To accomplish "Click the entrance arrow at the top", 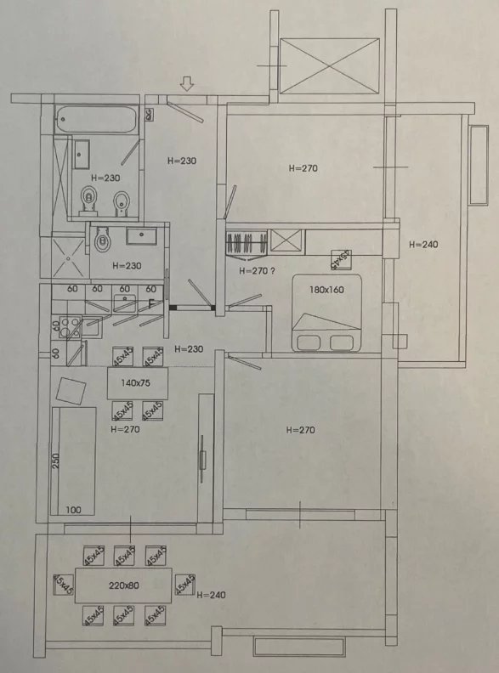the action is click(x=187, y=83).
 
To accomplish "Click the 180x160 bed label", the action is click(x=326, y=290).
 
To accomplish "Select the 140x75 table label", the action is click(x=135, y=383).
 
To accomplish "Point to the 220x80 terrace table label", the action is click(x=123, y=585).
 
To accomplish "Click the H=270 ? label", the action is click(x=257, y=271).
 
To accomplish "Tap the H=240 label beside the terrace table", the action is click(x=211, y=595).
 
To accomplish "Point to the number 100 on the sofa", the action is click(x=74, y=510).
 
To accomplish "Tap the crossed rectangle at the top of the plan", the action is click(x=329, y=65).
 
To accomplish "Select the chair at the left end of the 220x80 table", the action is click(x=63, y=585).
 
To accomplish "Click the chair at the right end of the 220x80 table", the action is click(x=185, y=585).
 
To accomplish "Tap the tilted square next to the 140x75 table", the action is click(x=71, y=391).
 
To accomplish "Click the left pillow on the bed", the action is click(x=308, y=342).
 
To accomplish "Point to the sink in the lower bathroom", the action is click(x=141, y=236).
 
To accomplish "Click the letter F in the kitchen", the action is click(x=151, y=303).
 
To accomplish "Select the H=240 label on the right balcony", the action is click(x=423, y=245).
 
